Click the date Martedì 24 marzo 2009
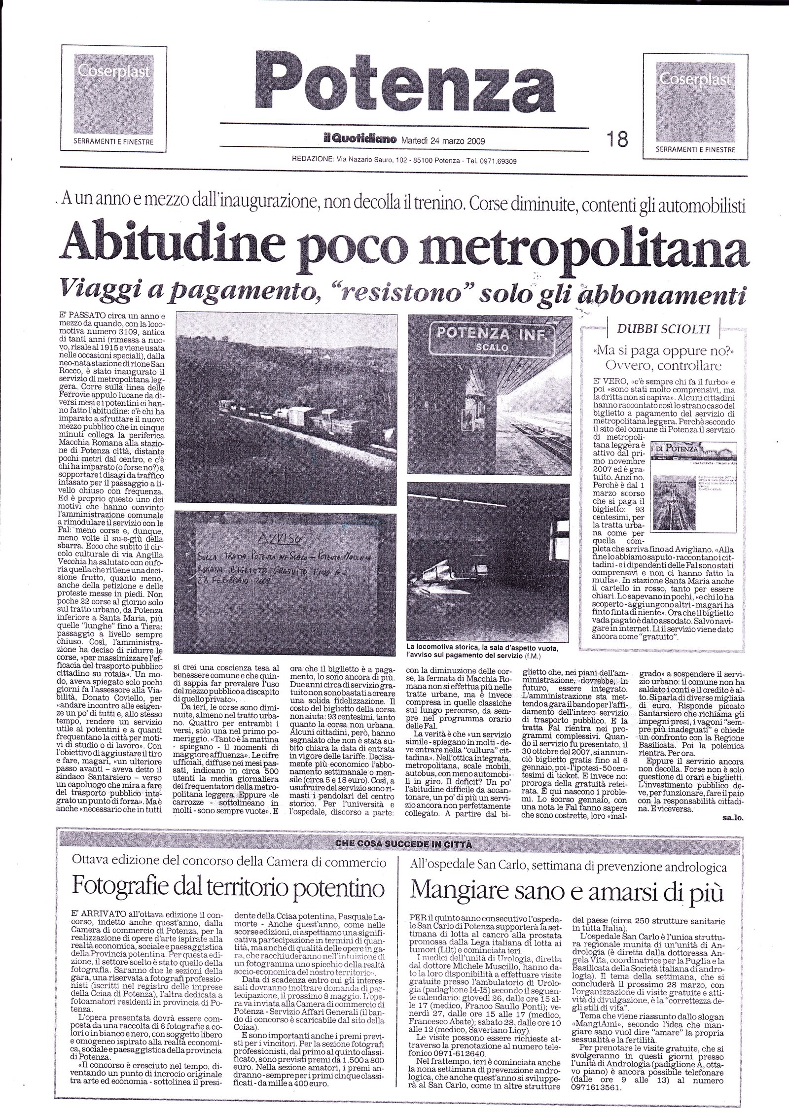coord(442,140)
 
